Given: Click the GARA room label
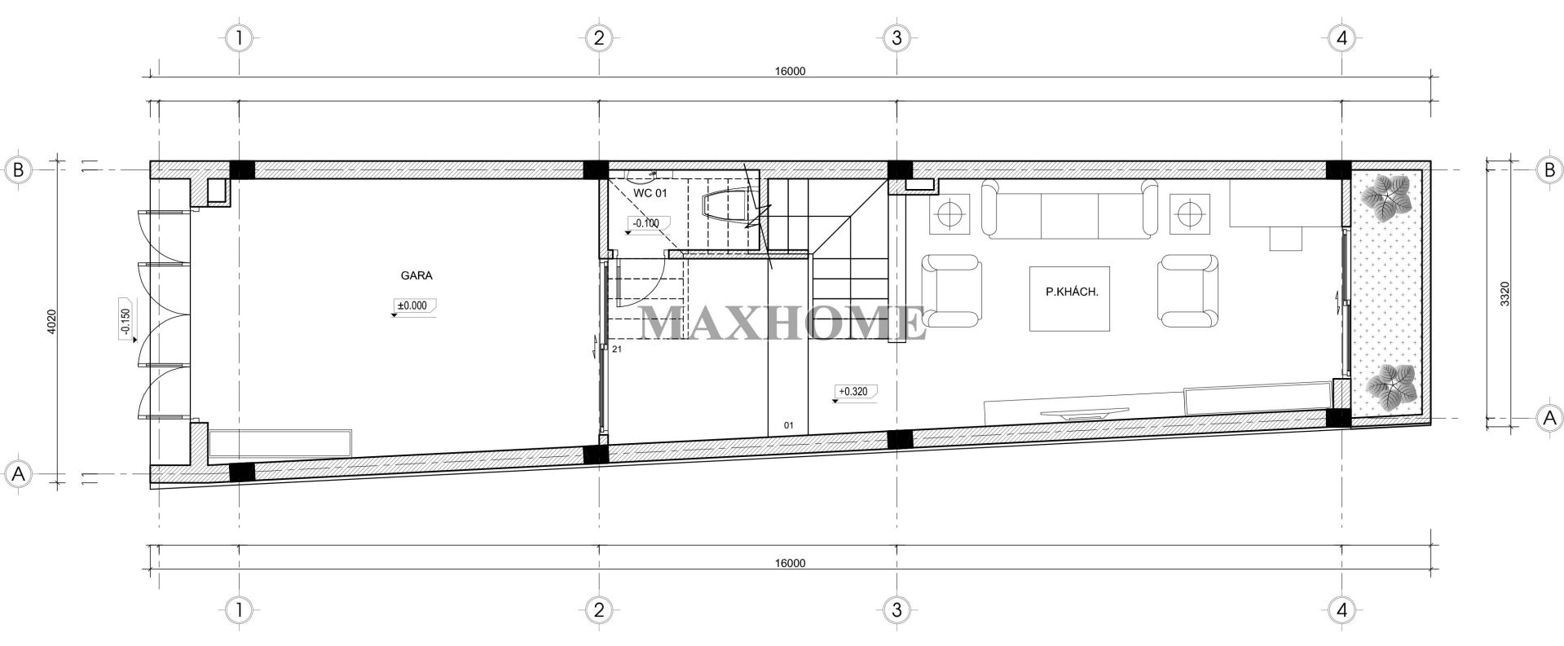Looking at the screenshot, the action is (416, 275).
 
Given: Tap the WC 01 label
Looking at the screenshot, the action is (650, 194).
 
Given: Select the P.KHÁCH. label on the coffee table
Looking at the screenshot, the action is (1068, 291).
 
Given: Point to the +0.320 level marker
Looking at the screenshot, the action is (853, 392).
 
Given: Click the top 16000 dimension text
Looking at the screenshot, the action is (790, 71).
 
